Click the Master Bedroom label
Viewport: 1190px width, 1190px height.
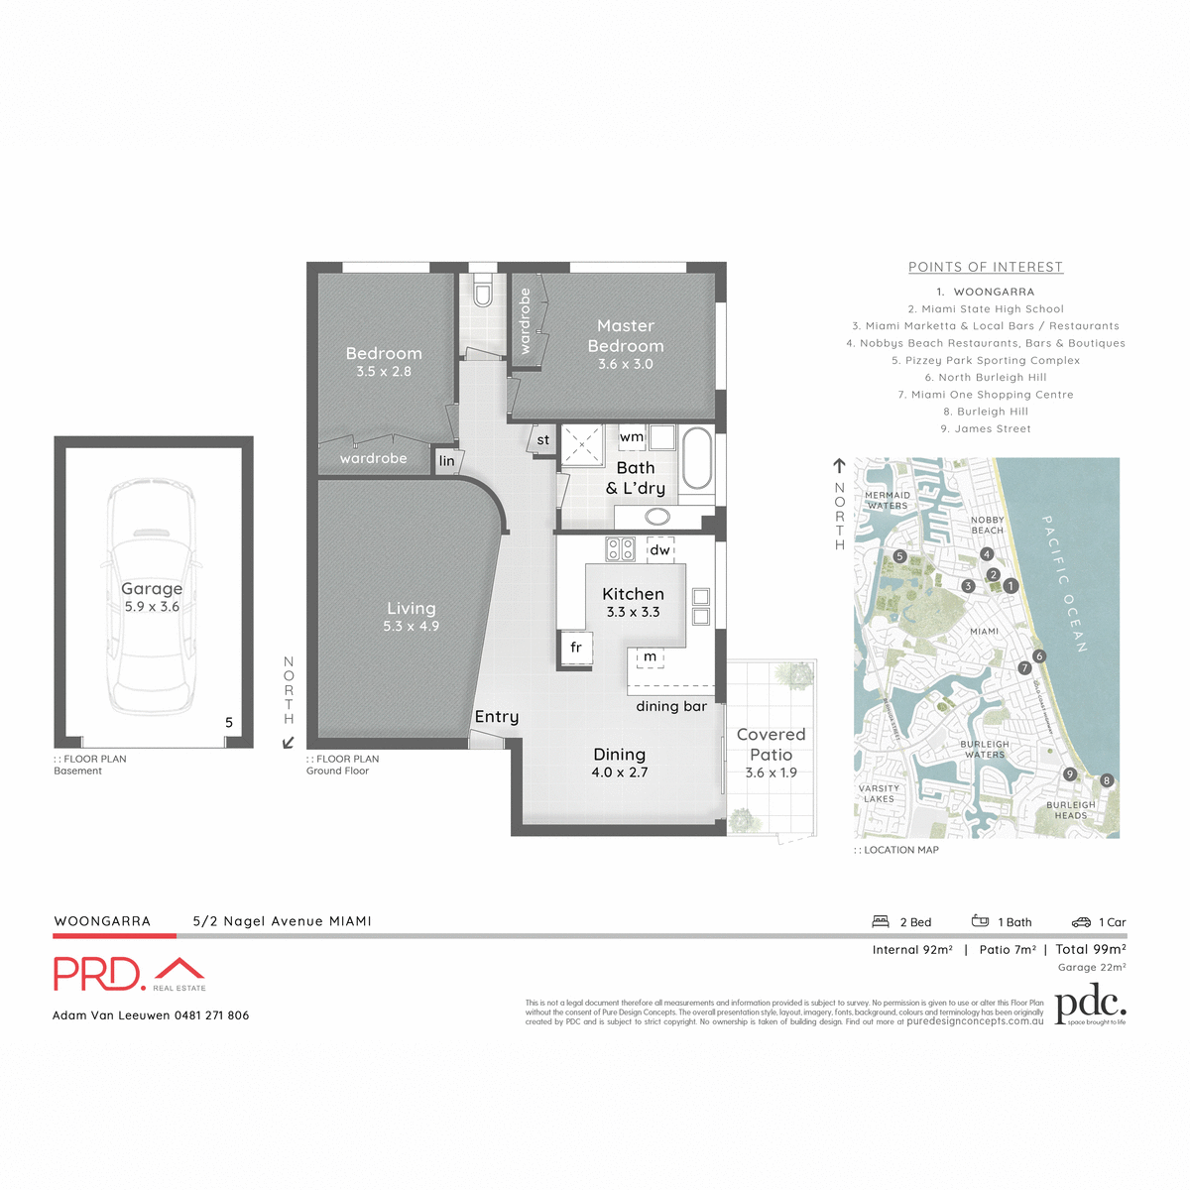[626, 336]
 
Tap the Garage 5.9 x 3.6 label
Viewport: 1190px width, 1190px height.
[152, 597]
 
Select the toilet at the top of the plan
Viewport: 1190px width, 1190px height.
[483, 294]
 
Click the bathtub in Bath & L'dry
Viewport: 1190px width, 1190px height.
[697, 458]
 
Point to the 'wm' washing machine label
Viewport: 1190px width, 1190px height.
[632, 437]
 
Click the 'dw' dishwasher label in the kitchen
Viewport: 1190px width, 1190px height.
[659, 549]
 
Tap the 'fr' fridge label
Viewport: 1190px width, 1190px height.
[576, 648]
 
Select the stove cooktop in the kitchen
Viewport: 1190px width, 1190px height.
[621, 548]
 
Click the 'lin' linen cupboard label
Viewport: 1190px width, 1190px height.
[447, 461]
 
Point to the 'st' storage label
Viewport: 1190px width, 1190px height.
[542, 440]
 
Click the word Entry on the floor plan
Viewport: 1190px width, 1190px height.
[496, 717]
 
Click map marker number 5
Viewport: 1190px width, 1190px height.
[899, 557]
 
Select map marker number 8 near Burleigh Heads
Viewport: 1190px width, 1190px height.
[1107, 780]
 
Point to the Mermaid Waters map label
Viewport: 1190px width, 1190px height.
[887, 500]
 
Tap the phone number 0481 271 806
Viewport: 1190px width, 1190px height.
[211, 1015]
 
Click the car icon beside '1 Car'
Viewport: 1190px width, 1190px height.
[1081, 922]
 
